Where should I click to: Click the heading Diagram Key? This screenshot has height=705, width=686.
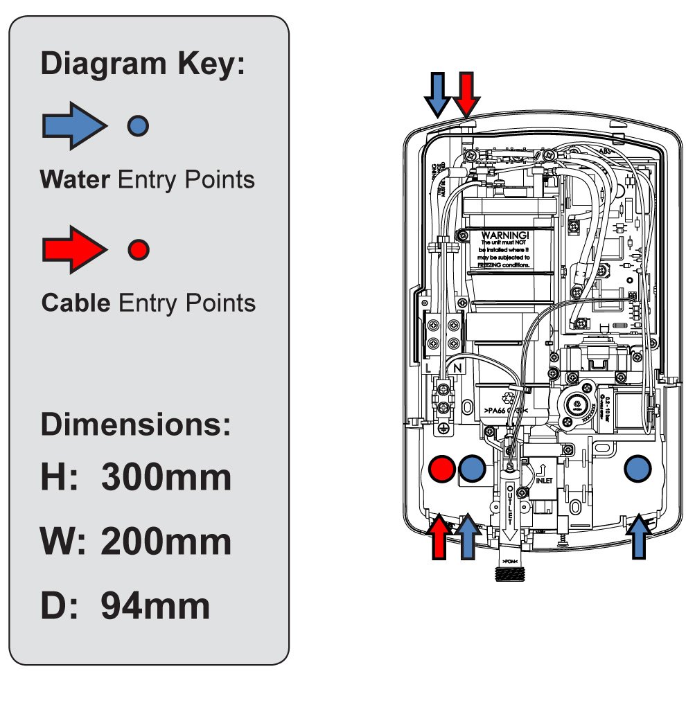pyautogui.click(x=143, y=64)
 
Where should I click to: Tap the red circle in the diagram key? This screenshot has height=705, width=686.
pyautogui.click(x=139, y=249)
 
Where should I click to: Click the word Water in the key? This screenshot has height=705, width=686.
pyautogui.click(x=75, y=179)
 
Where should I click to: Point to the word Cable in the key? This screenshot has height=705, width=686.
pyautogui.click(x=76, y=303)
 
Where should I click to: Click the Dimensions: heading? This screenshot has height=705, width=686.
pyautogui.click(x=136, y=424)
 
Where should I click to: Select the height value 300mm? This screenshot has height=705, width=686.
pyautogui.click(x=166, y=478)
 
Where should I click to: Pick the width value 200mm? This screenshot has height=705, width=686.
pyautogui.click(x=166, y=542)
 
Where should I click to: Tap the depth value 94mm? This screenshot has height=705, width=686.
pyautogui.click(x=155, y=606)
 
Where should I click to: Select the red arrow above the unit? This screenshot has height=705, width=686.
pyautogui.click(x=466, y=93)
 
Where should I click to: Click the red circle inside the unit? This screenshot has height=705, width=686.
pyautogui.click(x=442, y=469)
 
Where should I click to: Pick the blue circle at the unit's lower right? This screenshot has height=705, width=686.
pyautogui.click(x=638, y=469)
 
